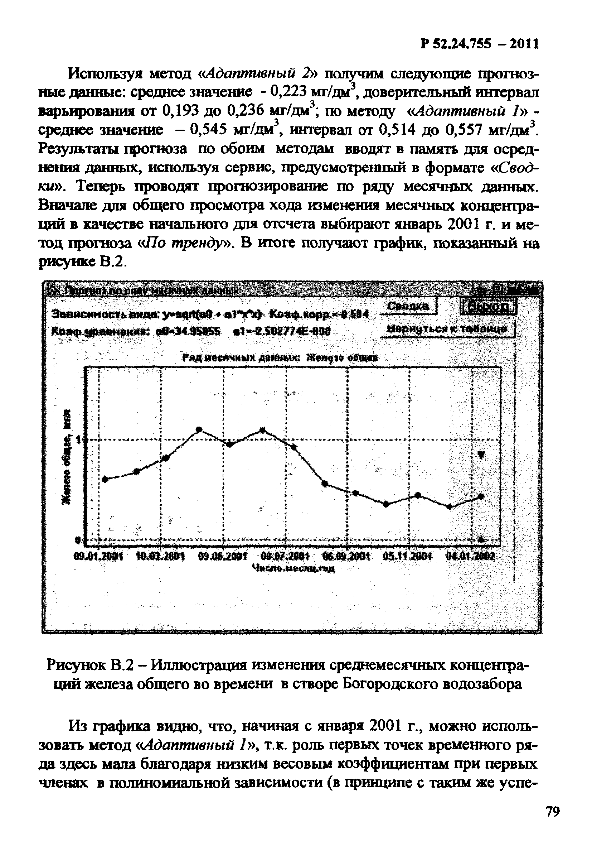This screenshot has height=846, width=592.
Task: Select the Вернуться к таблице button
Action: tap(447, 329)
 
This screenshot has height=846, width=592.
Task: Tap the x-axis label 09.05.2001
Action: tap(223, 556)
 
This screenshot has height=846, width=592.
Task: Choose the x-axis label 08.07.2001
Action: tap(285, 556)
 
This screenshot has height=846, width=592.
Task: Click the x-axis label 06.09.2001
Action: tap(347, 556)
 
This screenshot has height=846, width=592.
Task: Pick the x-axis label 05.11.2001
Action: tap(408, 556)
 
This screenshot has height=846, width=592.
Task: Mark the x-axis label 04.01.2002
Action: tap(470, 556)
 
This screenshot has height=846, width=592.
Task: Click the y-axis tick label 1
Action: tap(78, 439)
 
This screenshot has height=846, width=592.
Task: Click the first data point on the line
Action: tap(105, 479)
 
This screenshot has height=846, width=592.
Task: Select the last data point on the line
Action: tap(480, 497)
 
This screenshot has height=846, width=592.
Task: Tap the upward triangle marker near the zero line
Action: tap(481, 539)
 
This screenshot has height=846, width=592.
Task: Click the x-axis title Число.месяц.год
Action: tap(293, 568)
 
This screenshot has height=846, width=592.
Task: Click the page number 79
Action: tap(553, 812)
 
